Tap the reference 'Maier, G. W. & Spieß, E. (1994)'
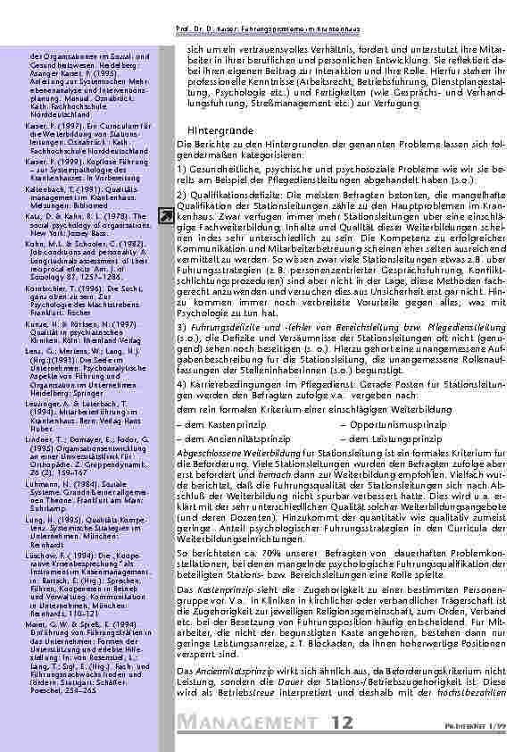(x=63, y=648)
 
